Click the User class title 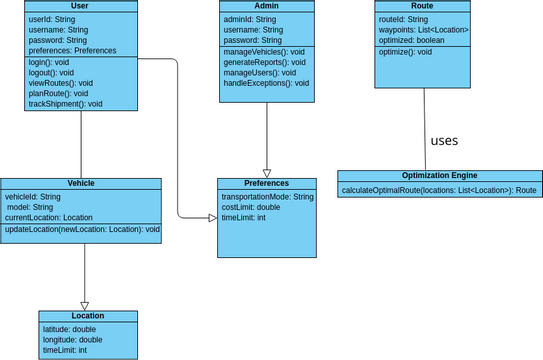coord(80,6)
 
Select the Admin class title coord(266,6)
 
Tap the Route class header coord(422,6)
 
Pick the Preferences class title coord(266,184)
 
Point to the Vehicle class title coord(81,184)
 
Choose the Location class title coord(87,316)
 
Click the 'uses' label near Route coord(444,141)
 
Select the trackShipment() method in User coord(66,103)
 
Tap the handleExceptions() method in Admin coord(261,84)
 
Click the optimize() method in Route coord(406,51)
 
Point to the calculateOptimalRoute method coord(439,189)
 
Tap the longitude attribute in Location coord(73,339)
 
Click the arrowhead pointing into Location coord(84,306)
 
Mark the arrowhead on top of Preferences coord(267,173)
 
